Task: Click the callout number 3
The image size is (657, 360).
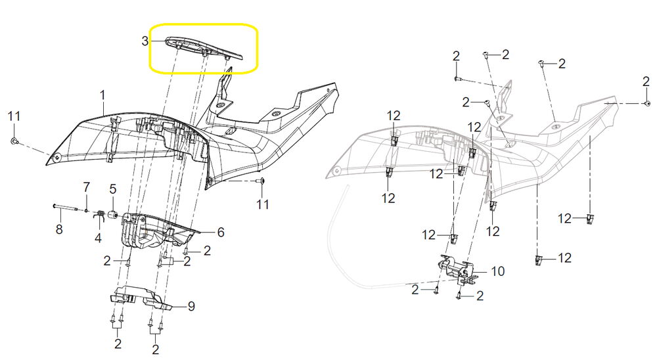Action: click(x=145, y=41)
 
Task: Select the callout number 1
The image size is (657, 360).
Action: click(x=102, y=95)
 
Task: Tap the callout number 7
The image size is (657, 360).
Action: click(x=86, y=187)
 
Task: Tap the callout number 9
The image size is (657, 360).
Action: click(x=191, y=306)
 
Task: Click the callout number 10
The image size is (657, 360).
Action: click(x=498, y=271)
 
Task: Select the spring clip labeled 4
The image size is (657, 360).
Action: click(x=100, y=216)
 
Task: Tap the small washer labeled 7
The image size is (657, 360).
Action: click(x=86, y=210)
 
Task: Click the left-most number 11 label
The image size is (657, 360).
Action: click(x=14, y=116)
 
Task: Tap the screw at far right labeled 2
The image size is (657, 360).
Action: click(x=647, y=103)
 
